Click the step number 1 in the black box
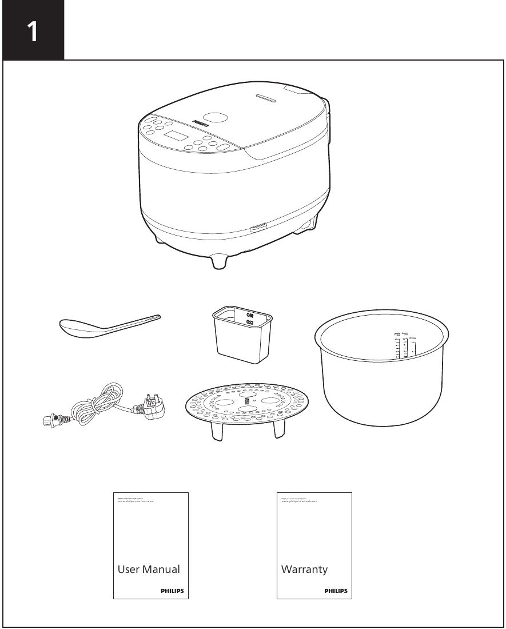(x=33, y=31)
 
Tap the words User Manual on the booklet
(x=149, y=570)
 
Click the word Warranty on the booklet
(x=304, y=570)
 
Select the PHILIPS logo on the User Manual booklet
(x=172, y=591)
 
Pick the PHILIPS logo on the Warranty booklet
(x=336, y=591)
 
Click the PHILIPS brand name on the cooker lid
(x=200, y=122)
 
